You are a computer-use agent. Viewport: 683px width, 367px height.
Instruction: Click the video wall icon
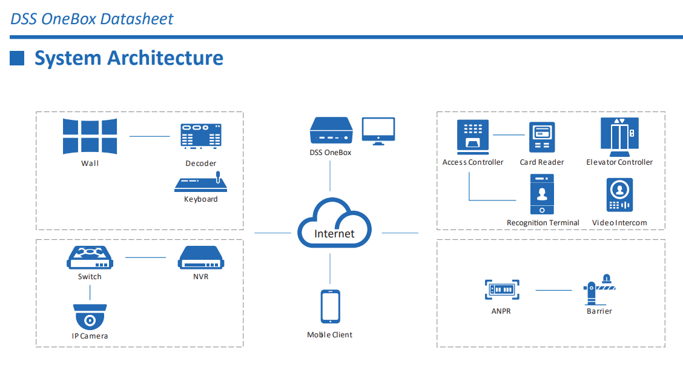click(x=90, y=136)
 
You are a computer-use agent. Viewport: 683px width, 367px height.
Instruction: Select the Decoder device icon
click(x=200, y=137)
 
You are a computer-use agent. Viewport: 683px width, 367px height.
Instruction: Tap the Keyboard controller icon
click(x=200, y=182)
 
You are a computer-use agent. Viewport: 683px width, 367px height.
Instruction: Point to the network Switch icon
click(x=90, y=257)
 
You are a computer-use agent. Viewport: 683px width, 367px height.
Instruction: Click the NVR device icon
click(x=201, y=258)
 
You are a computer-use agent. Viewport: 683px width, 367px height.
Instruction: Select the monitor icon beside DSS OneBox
click(x=378, y=131)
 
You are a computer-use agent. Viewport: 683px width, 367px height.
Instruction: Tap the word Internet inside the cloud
click(x=334, y=233)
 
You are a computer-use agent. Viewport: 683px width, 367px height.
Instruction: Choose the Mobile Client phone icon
click(x=330, y=307)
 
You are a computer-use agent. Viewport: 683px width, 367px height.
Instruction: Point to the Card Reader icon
click(x=542, y=137)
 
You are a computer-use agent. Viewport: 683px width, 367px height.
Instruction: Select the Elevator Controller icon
click(x=619, y=134)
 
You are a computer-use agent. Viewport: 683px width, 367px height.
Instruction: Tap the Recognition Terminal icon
click(x=542, y=194)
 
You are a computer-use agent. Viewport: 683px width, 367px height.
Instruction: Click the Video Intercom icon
click(x=619, y=195)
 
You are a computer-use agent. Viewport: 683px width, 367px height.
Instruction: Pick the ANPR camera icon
click(x=503, y=289)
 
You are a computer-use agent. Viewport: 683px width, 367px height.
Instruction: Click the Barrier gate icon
click(x=599, y=289)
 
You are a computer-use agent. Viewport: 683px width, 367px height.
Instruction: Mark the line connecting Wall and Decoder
click(x=150, y=136)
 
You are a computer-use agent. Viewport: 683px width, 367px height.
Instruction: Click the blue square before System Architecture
click(x=18, y=58)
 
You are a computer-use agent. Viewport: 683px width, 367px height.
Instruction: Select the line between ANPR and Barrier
click(x=553, y=290)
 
